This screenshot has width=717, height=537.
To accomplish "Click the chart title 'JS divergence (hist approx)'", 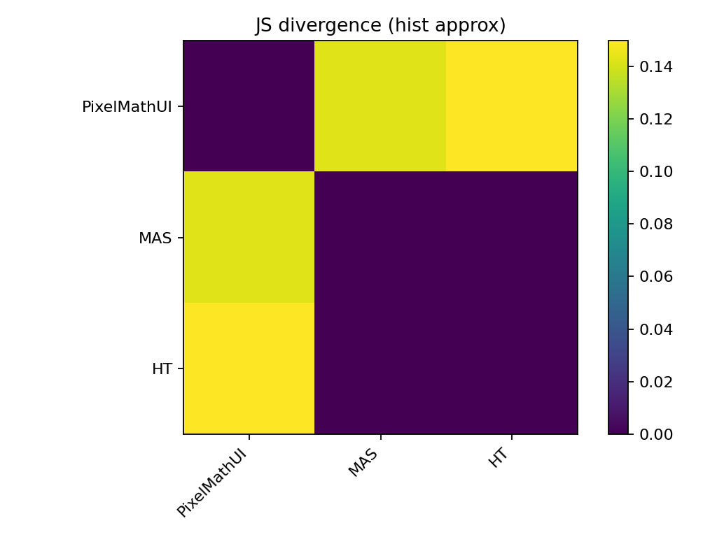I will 380,26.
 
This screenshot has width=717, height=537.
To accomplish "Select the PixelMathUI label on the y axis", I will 127,107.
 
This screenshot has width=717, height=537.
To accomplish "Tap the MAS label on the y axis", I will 155,238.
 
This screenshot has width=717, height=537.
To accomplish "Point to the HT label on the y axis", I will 162,369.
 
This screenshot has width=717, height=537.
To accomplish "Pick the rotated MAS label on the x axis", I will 363,464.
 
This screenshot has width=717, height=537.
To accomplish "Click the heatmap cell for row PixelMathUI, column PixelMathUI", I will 249,106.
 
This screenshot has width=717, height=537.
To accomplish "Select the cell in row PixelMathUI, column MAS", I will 380,106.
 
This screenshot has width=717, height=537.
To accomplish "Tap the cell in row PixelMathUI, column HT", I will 512,106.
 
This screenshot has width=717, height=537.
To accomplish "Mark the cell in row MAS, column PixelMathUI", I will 249,237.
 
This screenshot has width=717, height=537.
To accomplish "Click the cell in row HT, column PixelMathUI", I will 249,368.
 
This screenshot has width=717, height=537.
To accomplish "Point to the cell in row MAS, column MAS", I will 380,237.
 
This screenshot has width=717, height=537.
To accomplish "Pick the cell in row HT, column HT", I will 512,368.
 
